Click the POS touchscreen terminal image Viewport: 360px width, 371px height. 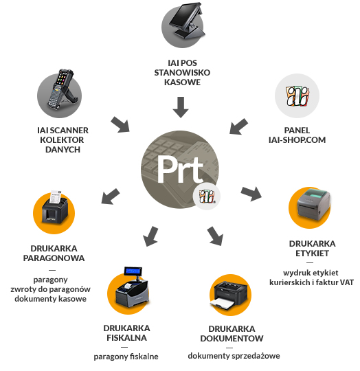187,21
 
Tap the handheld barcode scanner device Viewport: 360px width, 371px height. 61,89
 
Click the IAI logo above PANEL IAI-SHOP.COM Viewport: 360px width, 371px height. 297,95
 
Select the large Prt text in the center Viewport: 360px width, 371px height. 180,169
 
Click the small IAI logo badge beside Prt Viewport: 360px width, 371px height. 207,196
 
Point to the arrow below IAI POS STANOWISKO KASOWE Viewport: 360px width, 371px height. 181,107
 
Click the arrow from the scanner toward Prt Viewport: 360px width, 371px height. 120,124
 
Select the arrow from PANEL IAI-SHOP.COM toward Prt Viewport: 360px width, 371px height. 238,126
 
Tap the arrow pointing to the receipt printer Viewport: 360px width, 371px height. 110,196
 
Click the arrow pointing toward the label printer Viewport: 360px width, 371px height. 251,193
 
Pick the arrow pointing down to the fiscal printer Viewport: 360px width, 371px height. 150,236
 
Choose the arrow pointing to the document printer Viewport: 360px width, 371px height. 215,236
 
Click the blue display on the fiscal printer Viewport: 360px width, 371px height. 133,271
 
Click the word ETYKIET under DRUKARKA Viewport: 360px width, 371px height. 312,254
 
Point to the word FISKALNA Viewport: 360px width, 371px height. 126,338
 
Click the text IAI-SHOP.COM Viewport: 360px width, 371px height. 297,140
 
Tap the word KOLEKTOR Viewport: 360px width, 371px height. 62,140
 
